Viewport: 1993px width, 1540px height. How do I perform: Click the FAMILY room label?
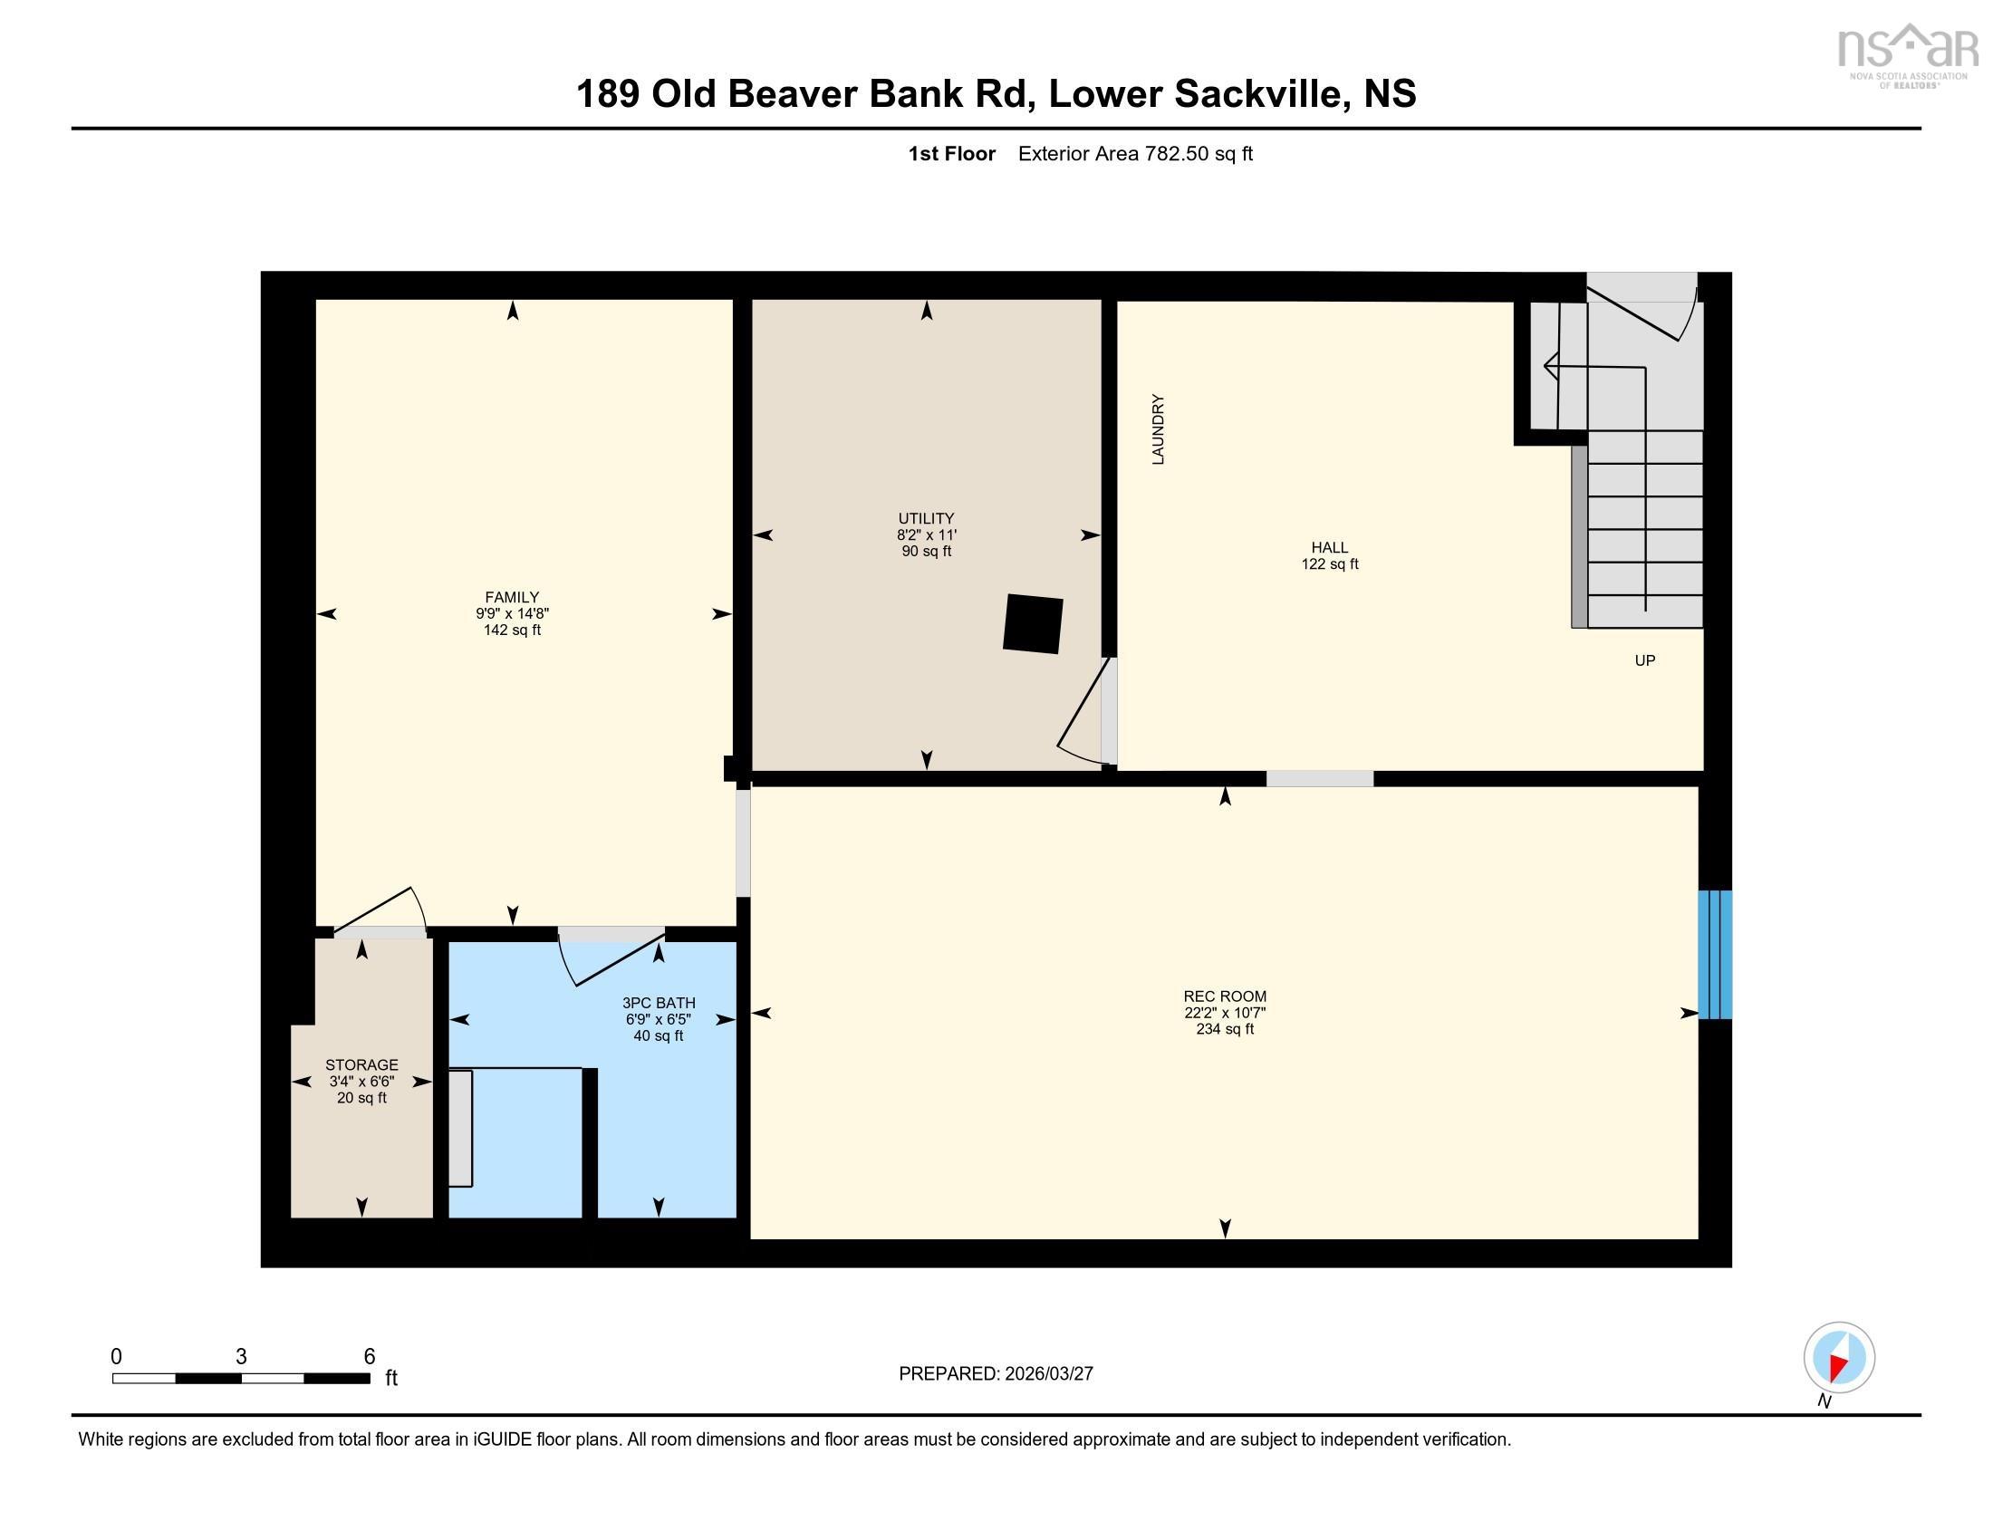(x=512, y=598)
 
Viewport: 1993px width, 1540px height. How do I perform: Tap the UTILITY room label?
(x=926, y=518)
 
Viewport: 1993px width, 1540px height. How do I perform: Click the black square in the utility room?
(x=1033, y=624)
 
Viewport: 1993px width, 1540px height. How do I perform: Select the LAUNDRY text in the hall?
(x=1158, y=428)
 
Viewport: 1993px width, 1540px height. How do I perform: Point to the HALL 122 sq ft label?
(x=1330, y=555)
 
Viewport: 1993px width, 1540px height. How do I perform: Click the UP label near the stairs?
(x=1644, y=660)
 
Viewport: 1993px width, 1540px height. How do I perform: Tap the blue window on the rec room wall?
(x=1714, y=954)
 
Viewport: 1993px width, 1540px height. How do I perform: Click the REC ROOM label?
(x=1225, y=996)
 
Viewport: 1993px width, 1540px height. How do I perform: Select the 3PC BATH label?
(x=658, y=1003)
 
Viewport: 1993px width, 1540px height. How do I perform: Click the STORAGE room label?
(x=361, y=1064)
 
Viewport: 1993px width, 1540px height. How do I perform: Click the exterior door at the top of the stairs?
(x=1642, y=310)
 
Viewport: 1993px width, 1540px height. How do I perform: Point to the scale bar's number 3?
(x=241, y=1357)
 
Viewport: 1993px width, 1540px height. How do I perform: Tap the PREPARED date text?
(x=996, y=1374)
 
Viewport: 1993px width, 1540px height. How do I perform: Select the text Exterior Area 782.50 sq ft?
(x=1134, y=154)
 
